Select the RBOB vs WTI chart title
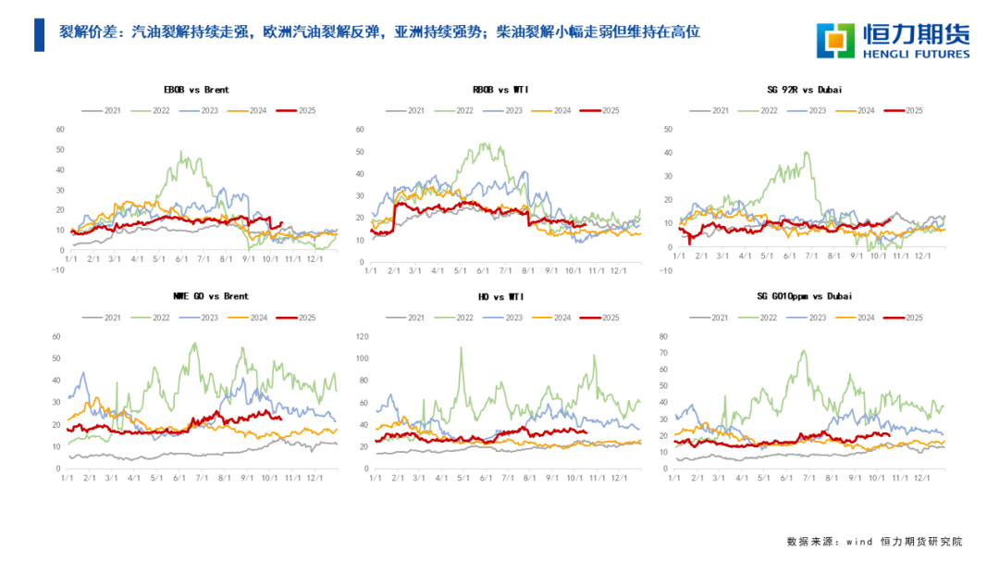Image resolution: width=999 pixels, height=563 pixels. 499,90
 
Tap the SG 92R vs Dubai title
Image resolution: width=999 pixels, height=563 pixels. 803,90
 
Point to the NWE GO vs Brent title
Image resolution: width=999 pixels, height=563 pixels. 211,296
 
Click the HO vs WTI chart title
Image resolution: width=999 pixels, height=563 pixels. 499,296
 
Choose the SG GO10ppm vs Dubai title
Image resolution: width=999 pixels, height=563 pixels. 804,296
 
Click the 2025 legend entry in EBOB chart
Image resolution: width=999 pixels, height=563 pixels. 299,110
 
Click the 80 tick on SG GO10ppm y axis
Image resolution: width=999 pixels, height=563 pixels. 662,336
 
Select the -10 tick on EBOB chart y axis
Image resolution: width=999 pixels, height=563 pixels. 56,271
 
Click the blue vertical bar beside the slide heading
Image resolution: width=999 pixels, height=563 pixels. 39,34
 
